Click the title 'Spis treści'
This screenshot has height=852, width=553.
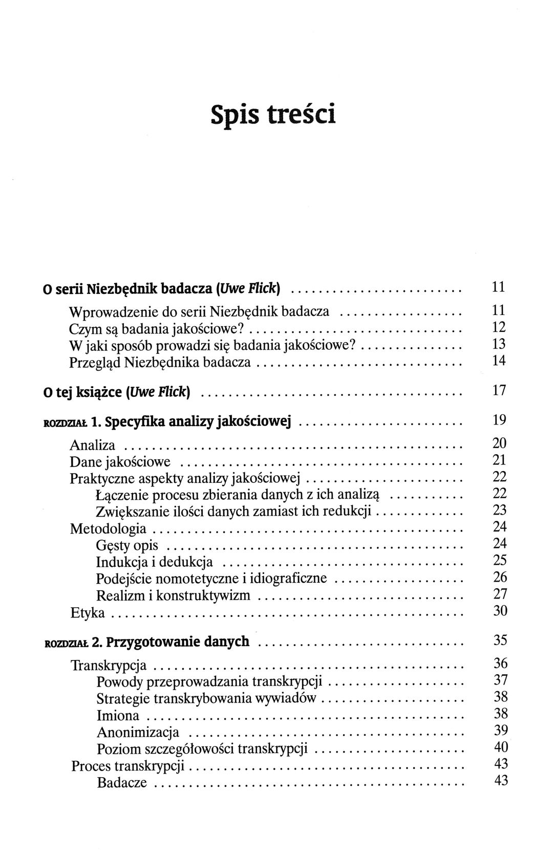click(x=273, y=114)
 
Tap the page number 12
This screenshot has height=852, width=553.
click(x=499, y=327)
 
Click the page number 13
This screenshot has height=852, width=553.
click(x=499, y=344)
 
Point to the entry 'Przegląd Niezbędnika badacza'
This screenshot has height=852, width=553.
click(x=160, y=362)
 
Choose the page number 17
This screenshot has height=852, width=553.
click(x=499, y=391)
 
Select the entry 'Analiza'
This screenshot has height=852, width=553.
click(x=92, y=445)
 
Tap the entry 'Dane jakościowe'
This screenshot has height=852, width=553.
click(x=120, y=462)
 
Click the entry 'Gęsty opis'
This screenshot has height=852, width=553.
click(x=127, y=546)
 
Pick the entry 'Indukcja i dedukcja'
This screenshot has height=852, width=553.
click(x=154, y=562)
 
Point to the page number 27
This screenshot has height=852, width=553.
click(x=500, y=594)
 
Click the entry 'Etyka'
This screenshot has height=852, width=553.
click(x=87, y=612)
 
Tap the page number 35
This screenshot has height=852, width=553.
click(x=500, y=640)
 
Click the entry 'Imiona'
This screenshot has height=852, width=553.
click(x=118, y=715)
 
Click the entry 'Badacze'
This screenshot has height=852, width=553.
click(x=122, y=782)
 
